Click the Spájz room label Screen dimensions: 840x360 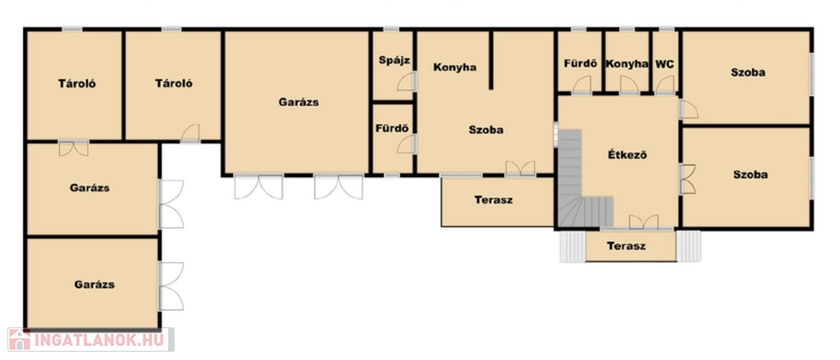pos(395,61)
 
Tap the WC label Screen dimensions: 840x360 pos(664,64)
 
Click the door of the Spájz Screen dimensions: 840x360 pos(406,81)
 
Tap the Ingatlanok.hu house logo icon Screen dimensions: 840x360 pos(19,339)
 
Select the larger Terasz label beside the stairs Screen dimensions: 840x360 pos(493,200)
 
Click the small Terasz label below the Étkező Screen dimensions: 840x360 pos(626,247)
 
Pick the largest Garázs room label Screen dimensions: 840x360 pos(299,102)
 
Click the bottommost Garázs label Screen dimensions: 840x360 pos(94,285)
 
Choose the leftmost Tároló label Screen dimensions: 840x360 pos(77,84)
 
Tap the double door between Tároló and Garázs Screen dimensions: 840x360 pos(73,148)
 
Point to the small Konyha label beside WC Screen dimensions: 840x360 pos(627,64)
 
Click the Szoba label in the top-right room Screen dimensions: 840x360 pos(748,73)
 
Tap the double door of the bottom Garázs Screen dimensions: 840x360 pos(171,286)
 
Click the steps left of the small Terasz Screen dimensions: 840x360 pos(572,246)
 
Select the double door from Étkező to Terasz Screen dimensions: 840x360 pos(643,222)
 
